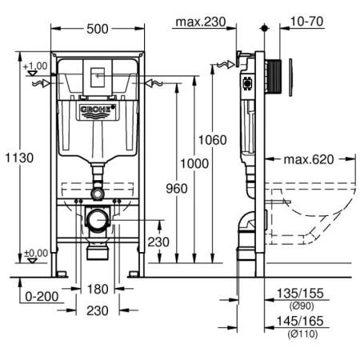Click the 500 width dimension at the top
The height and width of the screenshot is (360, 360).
click(x=97, y=28)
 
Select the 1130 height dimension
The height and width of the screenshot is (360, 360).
click(x=22, y=158)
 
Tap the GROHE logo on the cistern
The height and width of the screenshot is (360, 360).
click(x=97, y=110)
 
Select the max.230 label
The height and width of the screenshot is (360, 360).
click(x=201, y=22)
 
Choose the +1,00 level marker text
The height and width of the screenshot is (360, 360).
click(x=35, y=66)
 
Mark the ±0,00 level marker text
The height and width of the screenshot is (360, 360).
click(x=35, y=254)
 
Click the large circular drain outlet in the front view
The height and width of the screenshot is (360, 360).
click(x=97, y=218)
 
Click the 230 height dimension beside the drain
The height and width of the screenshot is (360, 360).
click(x=158, y=242)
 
